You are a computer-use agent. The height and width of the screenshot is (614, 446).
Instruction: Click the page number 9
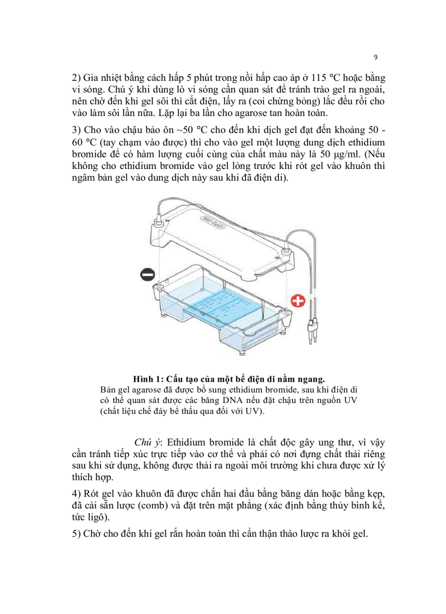(x=375, y=57)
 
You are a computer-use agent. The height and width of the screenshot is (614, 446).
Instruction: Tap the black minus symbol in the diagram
(x=148, y=275)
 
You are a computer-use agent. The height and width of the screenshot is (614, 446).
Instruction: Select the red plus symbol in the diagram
(x=298, y=301)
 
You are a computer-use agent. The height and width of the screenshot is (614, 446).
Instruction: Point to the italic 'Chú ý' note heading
(x=146, y=441)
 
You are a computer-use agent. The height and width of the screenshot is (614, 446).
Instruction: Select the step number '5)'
(x=77, y=534)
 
